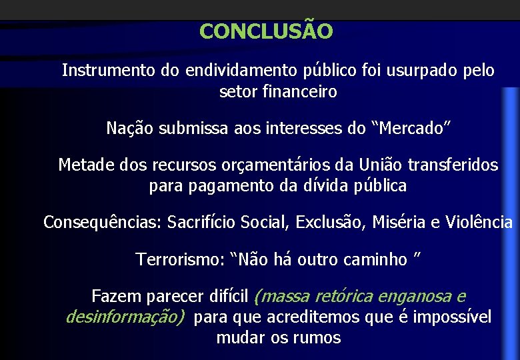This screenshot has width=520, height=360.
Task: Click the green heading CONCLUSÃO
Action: tap(265, 31)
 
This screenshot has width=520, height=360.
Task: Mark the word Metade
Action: tap(83, 165)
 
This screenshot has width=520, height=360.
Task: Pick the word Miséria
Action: tap(399, 222)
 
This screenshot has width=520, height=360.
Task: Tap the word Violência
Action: tap(480, 222)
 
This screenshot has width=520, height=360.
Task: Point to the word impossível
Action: tap(452, 317)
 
